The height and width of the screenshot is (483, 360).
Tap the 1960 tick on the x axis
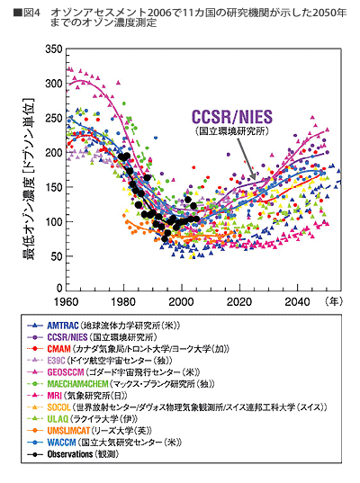(x=66, y=300)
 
